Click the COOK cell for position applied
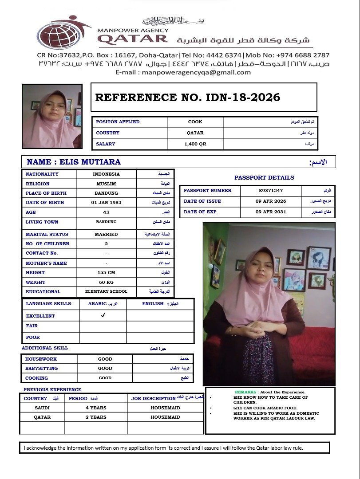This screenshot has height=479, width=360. [x=195, y=122]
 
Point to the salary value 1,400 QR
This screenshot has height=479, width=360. [x=195, y=144]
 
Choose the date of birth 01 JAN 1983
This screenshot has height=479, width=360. [x=106, y=203]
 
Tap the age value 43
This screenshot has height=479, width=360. [x=106, y=212]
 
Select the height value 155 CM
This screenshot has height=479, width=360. [x=106, y=273]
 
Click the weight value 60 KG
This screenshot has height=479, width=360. [x=106, y=282]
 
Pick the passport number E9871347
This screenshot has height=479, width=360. [x=271, y=191]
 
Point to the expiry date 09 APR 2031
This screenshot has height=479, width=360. [x=271, y=212]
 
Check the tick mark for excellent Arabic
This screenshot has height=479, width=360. [x=103, y=315]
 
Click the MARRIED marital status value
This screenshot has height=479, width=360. [x=106, y=234]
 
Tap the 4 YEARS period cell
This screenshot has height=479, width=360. [x=96, y=408]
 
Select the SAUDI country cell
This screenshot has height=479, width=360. [x=42, y=408]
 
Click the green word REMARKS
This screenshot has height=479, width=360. [x=245, y=392]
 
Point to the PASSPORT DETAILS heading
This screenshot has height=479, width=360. [x=264, y=178]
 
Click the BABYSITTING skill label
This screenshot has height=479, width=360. [x=41, y=369]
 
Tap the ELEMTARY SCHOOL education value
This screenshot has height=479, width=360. [x=106, y=292]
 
